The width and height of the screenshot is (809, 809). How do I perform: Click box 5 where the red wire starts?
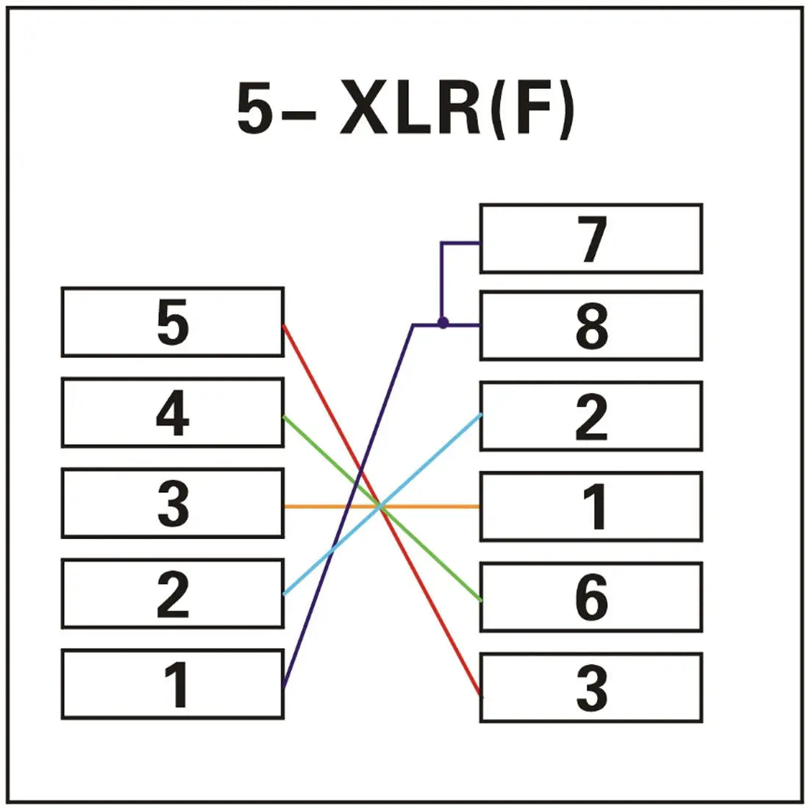172,322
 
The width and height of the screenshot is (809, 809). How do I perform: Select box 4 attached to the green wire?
172,413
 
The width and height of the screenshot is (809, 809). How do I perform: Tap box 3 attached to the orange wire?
172,504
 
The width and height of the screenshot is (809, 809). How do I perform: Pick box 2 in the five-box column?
172,594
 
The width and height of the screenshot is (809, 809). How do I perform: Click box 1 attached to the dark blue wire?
172,684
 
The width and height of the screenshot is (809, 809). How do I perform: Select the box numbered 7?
591,239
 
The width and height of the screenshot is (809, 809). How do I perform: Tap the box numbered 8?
591,325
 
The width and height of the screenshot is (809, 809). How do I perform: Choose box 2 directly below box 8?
591,416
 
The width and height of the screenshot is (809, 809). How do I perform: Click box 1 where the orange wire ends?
591,507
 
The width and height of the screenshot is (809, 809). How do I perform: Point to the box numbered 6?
591,597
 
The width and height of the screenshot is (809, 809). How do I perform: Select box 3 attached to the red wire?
591,688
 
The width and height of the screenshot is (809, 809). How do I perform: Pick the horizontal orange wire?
441,507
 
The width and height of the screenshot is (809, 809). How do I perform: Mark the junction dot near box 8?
443,324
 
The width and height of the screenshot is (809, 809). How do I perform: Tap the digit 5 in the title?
254,110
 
